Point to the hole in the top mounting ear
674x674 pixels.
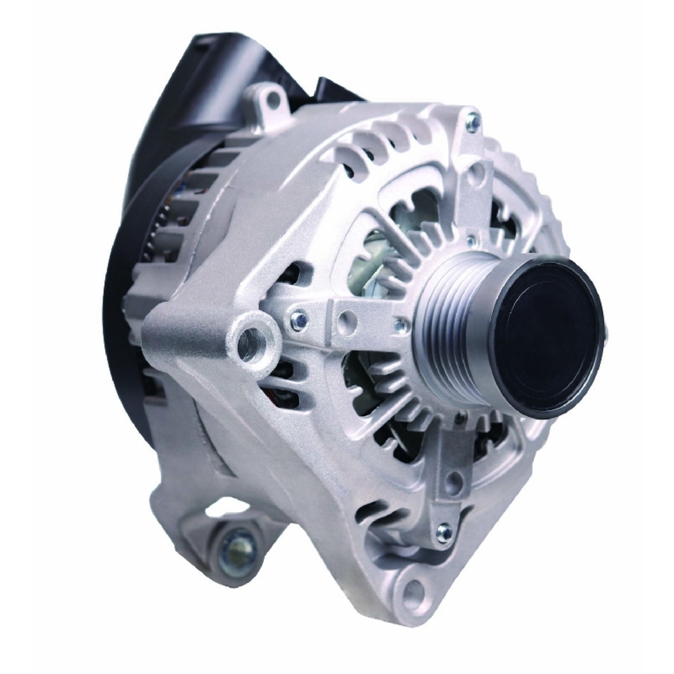click(x=272, y=100)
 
